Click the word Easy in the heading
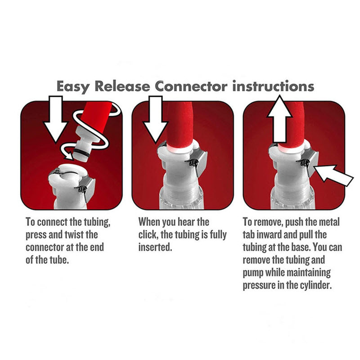pyautogui.click(x=73, y=87)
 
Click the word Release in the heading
pyautogui.click(x=122, y=86)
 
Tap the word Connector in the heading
pyautogui.click(x=191, y=86)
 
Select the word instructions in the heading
pyautogui.click(x=273, y=86)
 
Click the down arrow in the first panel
pyautogui.click(x=56, y=119)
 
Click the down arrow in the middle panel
pyautogui.click(x=156, y=119)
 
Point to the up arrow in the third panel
pyautogui.click(x=279, y=119)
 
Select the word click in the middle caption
pyautogui.click(x=148, y=234)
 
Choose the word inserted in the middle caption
pyautogui.click(x=155, y=247)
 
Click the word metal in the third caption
pyautogui.click(x=328, y=222)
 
